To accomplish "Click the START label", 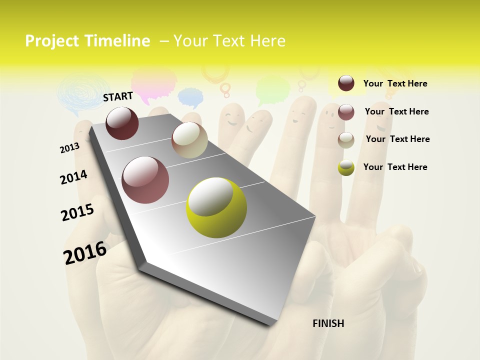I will (118, 96).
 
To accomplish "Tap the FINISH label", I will (328, 323).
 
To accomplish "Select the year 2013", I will (69, 148).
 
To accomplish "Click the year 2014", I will (73, 177).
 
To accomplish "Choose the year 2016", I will (85, 252).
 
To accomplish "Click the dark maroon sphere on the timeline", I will (122, 123).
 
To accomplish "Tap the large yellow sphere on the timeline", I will (216, 207).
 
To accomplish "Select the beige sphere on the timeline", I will (189, 140).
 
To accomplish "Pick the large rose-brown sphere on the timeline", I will (145, 180).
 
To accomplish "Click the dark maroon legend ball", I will (346, 83).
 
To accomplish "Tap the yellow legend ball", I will (346, 167).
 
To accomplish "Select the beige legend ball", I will (346, 140).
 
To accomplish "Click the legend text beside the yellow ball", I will (395, 167).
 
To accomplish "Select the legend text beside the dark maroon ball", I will (395, 83).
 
